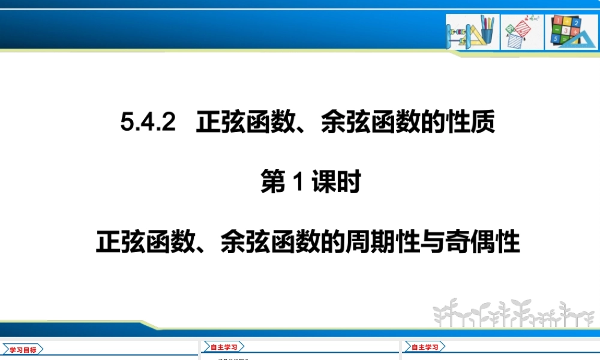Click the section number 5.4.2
[148, 124]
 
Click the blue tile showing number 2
[577, 23]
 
